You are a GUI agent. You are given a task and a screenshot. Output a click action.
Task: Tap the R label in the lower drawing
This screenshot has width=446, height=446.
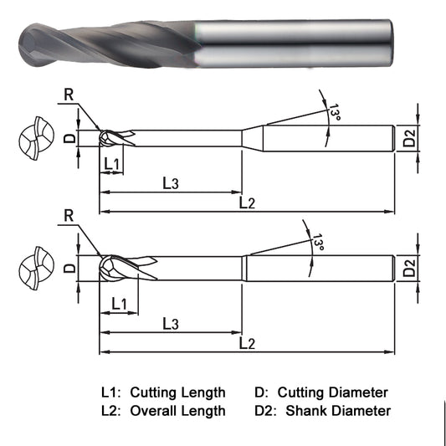[x=68, y=216]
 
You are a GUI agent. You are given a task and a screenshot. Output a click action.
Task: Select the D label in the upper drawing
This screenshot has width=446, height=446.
[x=70, y=137]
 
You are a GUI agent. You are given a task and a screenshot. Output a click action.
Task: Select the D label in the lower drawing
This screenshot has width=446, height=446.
[x=70, y=268]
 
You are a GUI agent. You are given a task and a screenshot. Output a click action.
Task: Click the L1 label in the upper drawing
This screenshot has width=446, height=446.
[x=111, y=162]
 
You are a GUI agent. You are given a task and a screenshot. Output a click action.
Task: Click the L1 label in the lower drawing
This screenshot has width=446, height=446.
[x=119, y=303]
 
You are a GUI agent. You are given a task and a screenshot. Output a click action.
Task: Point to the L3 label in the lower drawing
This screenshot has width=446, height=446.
[x=169, y=323]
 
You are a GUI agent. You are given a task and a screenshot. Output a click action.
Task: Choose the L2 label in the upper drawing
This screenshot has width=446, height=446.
[x=247, y=202]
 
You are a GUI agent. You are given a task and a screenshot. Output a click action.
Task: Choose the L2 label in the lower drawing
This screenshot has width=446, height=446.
[x=247, y=343]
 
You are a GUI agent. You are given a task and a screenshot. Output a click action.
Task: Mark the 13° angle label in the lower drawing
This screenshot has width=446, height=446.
[x=317, y=244]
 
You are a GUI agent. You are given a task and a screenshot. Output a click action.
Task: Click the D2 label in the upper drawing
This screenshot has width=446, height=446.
[x=408, y=137]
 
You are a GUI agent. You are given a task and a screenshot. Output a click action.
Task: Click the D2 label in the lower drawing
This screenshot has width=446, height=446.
[x=408, y=268]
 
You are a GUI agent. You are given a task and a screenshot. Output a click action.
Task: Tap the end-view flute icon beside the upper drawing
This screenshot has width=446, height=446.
[x=34, y=138]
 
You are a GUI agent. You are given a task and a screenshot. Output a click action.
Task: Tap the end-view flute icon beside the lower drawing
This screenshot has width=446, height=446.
[x=34, y=269]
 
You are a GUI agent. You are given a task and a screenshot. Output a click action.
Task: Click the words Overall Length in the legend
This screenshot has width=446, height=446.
[x=177, y=410]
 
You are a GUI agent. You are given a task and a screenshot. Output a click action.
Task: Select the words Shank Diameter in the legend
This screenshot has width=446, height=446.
[x=338, y=410]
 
